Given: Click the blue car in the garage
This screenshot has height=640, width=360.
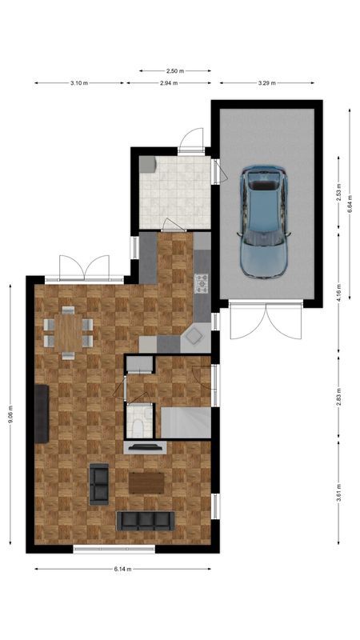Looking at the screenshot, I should click(x=265, y=221).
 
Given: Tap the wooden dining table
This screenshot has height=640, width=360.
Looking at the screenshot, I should click(x=68, y=330).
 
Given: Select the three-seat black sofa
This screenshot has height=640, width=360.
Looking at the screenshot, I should click(x=145, y=521).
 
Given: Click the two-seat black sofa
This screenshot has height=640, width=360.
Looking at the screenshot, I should click(x=100, y=483).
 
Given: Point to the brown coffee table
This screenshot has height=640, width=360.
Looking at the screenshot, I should click(x=146, y=482).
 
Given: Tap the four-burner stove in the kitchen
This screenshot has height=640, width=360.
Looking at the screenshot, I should click(x=201, y=282).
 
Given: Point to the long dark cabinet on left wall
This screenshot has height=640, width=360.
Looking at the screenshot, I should click(x=42, y=412).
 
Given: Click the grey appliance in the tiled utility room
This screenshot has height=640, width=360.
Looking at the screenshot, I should click(x=147, y=163).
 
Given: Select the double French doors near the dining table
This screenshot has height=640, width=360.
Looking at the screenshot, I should click(x=82, y=267).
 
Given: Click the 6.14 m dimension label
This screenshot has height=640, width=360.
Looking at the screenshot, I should click(x=122, y=569).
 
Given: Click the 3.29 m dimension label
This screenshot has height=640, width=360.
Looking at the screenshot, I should click(x=267, y=82).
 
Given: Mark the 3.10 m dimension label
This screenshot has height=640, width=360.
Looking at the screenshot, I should click(x=79, y=82).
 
